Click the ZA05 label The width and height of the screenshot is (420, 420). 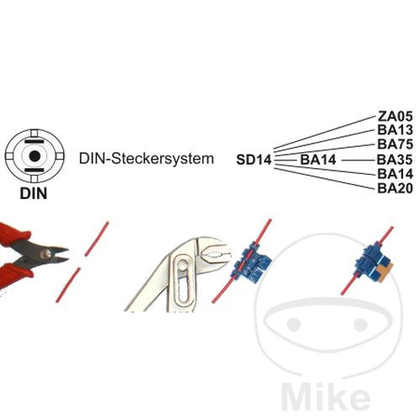click(x=395, y=116)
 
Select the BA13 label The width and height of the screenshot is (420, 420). click(x=395, y=130)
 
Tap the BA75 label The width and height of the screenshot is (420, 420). click(x=395, y=144)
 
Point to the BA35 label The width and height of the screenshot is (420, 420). click(x=395, y=160)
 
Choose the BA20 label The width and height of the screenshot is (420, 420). click(x=395, y=188)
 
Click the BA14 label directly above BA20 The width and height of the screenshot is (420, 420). click(x=395, y=174)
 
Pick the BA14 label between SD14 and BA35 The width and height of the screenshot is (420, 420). click(x=318, y=160)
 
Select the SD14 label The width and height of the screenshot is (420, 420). click(x=254, y=160)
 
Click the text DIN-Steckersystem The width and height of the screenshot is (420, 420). click(x=146, y=159)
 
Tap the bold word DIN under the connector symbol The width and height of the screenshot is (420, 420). click(x=34, y=193)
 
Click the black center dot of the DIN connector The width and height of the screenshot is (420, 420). click(x=34, y=156)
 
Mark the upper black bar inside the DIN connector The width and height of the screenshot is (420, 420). click(x=34, y=142)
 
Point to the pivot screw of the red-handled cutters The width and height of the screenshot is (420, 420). click(x=46, y=254)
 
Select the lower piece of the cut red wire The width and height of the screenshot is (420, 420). click(x=68, y=285)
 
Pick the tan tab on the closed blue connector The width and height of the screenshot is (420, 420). click(x=385, y=270)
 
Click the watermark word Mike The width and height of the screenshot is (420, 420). click(x=325, y=396)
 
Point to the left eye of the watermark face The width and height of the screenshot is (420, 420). click(x=294, y=324)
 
